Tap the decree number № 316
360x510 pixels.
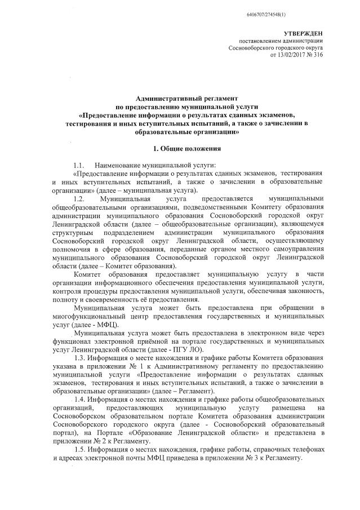pyautogui.click(x=315, y=56)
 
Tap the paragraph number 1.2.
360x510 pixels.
pyautogui.click(x=78, y=199)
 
